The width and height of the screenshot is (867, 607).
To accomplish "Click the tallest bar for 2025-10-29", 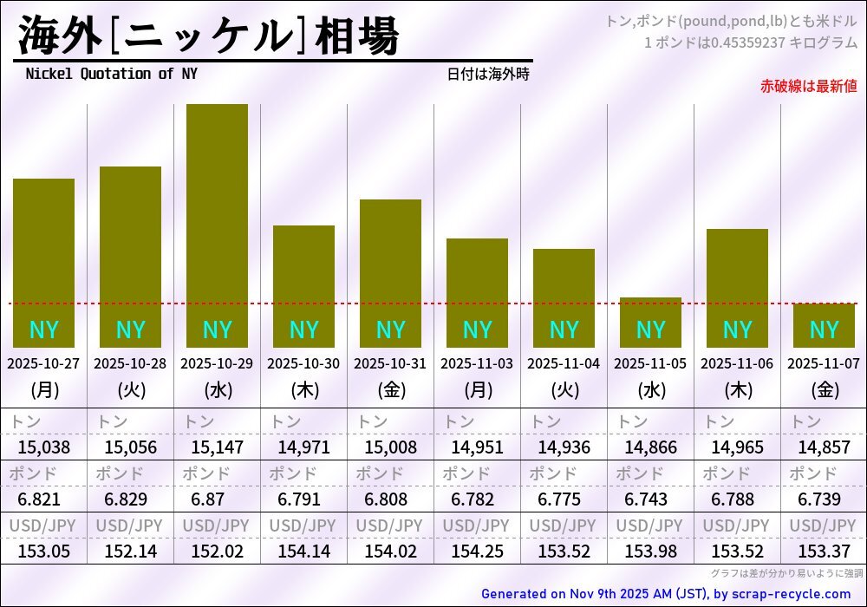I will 217,225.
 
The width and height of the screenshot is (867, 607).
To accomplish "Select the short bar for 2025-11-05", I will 650,322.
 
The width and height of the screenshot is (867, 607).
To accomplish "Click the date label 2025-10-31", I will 390,363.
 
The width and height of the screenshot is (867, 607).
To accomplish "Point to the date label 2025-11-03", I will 477,363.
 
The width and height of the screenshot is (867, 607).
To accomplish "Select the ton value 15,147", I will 217,447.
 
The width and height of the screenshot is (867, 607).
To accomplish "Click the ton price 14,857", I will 824,447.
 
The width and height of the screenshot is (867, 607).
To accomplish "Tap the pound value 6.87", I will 217,499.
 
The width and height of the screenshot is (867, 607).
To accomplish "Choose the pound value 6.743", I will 650,499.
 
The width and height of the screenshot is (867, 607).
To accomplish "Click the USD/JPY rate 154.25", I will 477,552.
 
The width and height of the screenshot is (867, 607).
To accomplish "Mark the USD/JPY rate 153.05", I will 43,552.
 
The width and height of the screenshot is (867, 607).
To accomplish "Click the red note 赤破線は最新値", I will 808,86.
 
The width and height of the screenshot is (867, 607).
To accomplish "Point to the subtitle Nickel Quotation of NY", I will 111,74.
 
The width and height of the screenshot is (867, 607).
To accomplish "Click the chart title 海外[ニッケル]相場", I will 208,36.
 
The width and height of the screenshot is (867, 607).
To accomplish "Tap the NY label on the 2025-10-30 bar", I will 303,330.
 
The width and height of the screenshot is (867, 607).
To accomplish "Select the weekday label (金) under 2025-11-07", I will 824,390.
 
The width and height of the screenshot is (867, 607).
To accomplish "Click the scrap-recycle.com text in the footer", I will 791,594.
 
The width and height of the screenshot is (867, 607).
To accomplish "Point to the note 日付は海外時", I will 487,75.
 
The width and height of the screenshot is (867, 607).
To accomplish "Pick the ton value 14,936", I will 564,447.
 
